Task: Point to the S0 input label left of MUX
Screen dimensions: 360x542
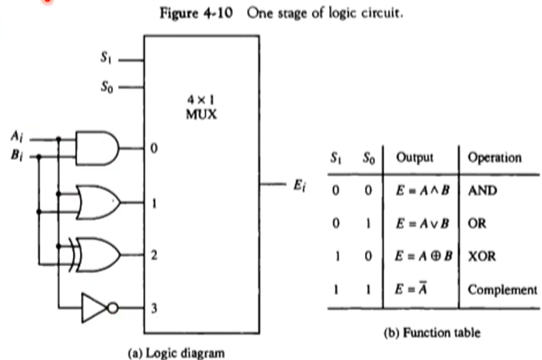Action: pos(107,85)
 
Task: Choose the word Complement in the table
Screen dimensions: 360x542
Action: pos(502,289)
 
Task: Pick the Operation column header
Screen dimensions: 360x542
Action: pos(494,157)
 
